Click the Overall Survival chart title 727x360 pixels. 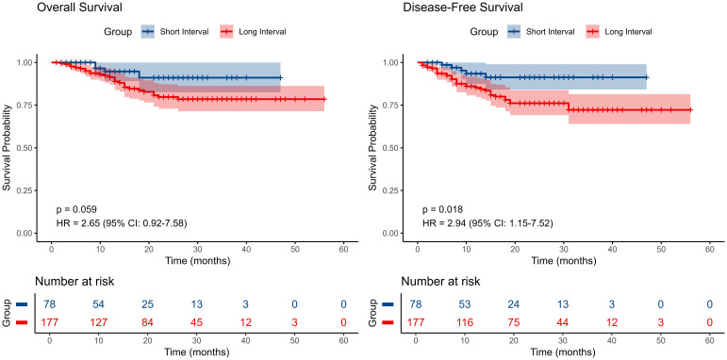tap(80, 8)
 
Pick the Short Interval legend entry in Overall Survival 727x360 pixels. tap(174, 32)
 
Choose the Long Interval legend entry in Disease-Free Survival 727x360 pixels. tap(620, 32)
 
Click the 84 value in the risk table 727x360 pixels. tap(148, 322)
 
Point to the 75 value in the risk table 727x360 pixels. tap(514, 322)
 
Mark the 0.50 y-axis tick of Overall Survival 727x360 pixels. tap(25, 148)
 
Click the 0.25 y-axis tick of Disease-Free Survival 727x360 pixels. tap(391, 190)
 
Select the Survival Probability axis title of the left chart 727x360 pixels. tap(8, 148)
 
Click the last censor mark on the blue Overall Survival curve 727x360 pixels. tap(281, 77)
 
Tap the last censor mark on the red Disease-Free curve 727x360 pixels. tap(691, 110)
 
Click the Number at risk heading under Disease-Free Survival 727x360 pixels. tap(441, 281)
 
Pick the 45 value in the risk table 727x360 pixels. tap(197, 322)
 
